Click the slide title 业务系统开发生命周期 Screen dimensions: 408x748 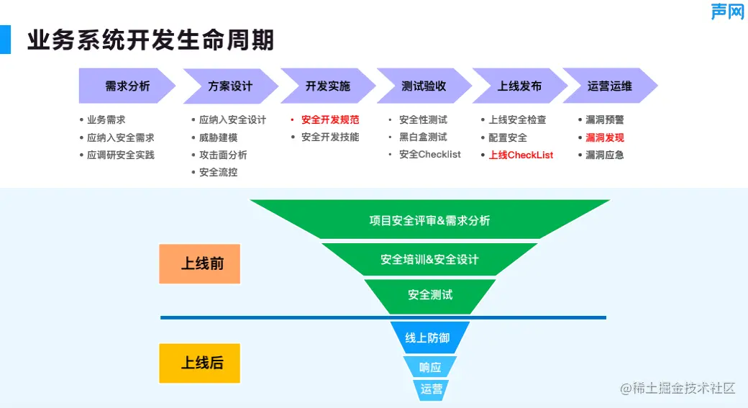point(151,40)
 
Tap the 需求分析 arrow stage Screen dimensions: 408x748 point(127,86)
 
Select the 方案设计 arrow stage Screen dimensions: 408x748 point(230,86)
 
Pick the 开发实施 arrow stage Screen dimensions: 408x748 point(327,86)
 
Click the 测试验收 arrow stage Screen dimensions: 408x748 point(424,86)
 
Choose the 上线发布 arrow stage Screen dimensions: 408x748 point(519,86)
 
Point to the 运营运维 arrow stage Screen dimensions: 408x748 point(609,86)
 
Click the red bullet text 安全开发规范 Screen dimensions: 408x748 point(330,120)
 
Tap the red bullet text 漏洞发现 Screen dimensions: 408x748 point(605,137)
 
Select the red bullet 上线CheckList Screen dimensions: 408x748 point(521,155)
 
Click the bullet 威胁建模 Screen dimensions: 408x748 point(218,137)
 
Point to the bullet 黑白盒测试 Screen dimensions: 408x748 point(423,137)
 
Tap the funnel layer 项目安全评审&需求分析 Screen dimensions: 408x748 point(429,220)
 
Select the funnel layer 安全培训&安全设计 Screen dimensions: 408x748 point(429,259)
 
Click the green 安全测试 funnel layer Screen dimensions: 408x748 point(430,295)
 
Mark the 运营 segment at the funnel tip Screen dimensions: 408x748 point(432,389)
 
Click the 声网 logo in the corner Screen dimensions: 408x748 point(727,12)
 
